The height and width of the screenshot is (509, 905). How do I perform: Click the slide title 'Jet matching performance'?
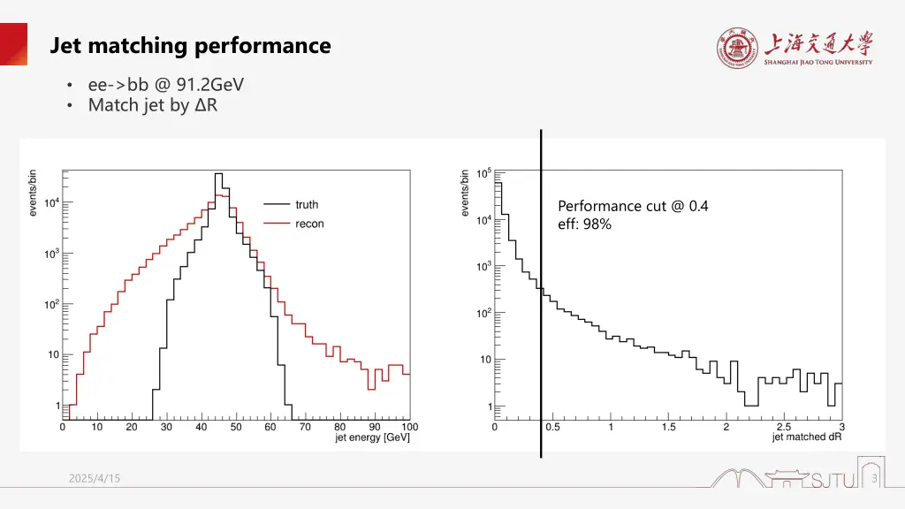pyautogui.click(x=190, y=45)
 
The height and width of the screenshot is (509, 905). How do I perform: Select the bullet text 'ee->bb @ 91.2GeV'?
pyautogui.click(x=165, y=85)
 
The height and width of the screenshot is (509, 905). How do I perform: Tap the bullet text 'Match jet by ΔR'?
pyautogui.click(x=153, y=106)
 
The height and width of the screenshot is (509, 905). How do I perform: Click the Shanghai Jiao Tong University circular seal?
pyautogui.click(x=737, y=49)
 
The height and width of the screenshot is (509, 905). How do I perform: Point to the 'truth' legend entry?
pyautogui.click(x=307, y=205)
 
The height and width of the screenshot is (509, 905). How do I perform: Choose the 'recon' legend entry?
pyautogui.click(x=309, y=224)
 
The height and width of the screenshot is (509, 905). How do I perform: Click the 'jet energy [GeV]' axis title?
pyautogui.click(x=372, y=438)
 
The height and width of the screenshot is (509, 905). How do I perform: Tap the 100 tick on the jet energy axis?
pyautogui.click(x=408, y=427)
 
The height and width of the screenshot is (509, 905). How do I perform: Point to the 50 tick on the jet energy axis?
pyautogui.click(x=236, y=427)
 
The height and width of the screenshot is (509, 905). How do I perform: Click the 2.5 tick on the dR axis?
pyautogui.click(x=783, y=428)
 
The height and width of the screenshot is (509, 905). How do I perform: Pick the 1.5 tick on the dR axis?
pyautogui.click(x=668, y=428)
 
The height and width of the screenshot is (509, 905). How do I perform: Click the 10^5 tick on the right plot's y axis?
pyautogui.click(x=484, y=173)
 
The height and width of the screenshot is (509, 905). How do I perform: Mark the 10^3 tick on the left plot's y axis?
pyautogui.click(x=52, y=254)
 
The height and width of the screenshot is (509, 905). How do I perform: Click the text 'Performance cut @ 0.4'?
pyautogui.click(x=633, y=206)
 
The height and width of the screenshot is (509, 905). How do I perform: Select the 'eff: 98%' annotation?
pyautogui.click(x=584, y=224)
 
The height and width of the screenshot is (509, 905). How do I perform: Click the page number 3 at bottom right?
pyautogui.click(x=873, y=479)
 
